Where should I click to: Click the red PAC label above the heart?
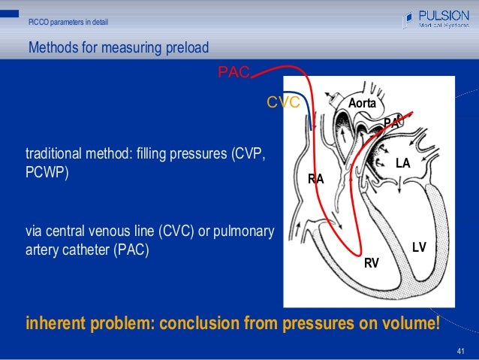233,72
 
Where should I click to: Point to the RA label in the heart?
316,179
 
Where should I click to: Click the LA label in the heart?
402,162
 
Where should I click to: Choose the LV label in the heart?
419,247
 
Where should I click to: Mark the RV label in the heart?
371,262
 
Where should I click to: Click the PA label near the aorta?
390,123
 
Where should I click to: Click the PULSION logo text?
443,15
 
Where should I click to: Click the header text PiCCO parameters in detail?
68,22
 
